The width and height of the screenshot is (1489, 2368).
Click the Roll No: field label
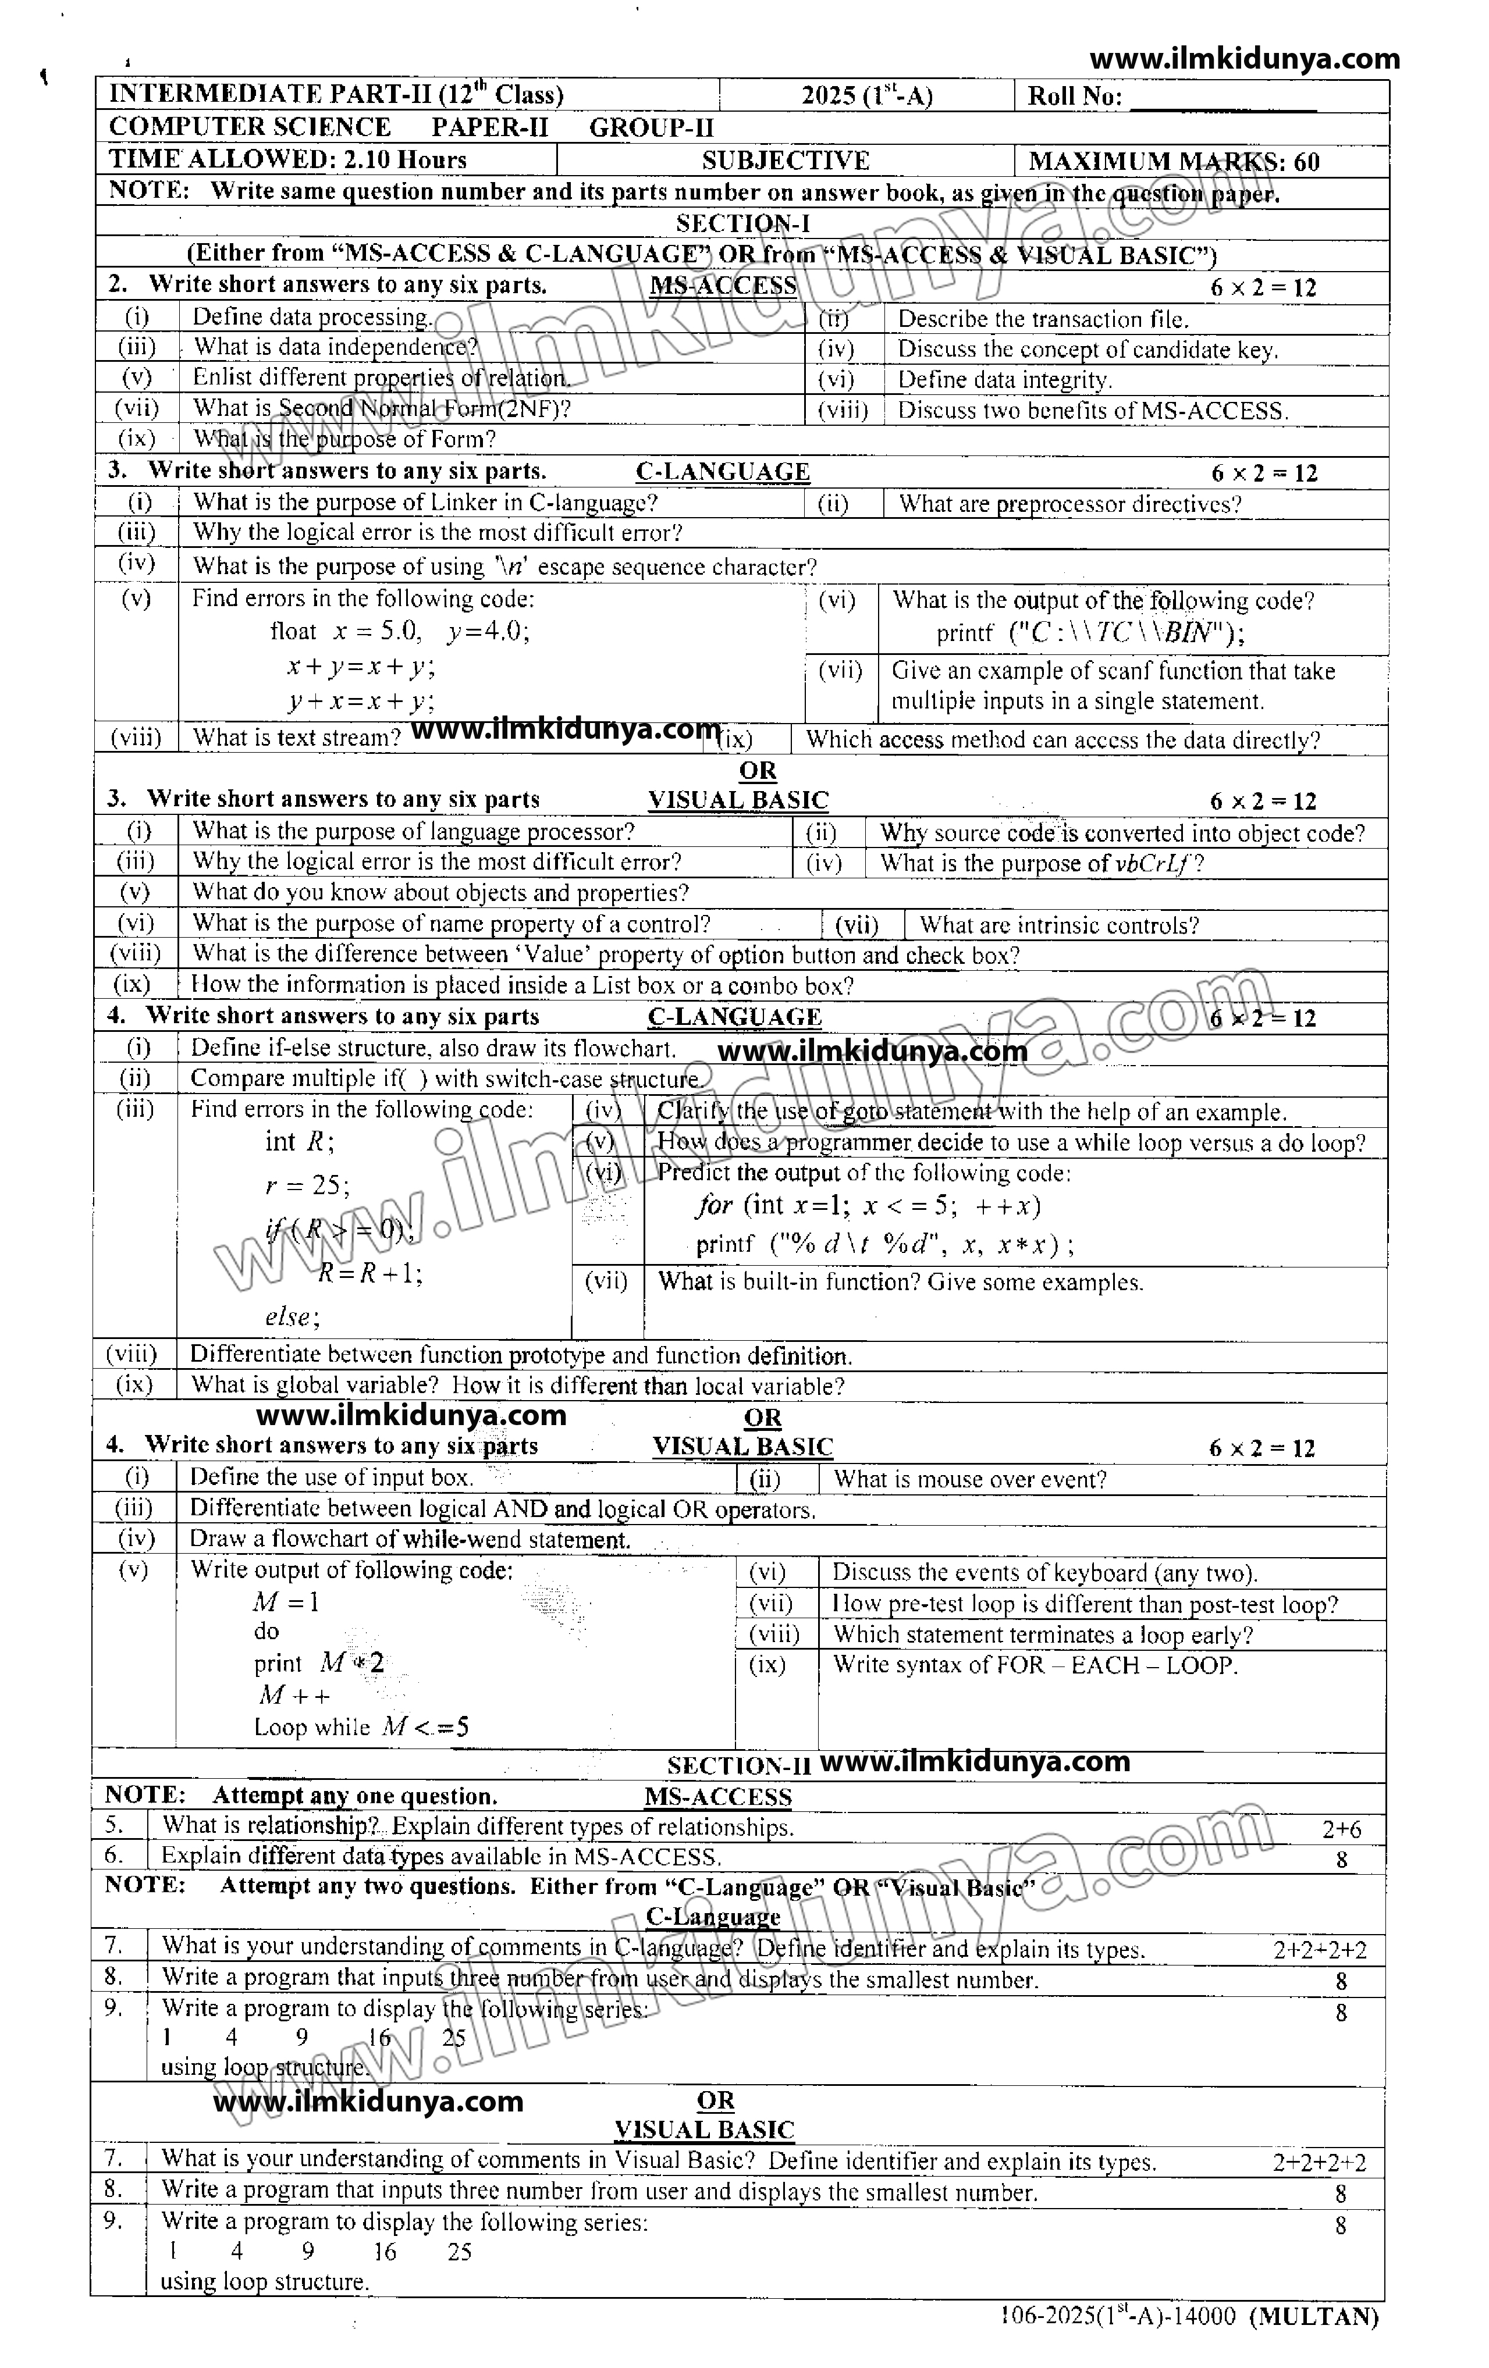1074,97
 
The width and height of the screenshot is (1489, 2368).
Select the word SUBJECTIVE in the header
785,161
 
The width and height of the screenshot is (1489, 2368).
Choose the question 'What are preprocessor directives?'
1069,504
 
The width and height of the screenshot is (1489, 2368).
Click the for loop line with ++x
868,1206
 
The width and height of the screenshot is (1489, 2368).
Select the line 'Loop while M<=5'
361,1727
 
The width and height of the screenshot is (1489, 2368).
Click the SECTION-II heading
738,1765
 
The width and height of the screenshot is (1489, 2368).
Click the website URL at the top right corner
1244,59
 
